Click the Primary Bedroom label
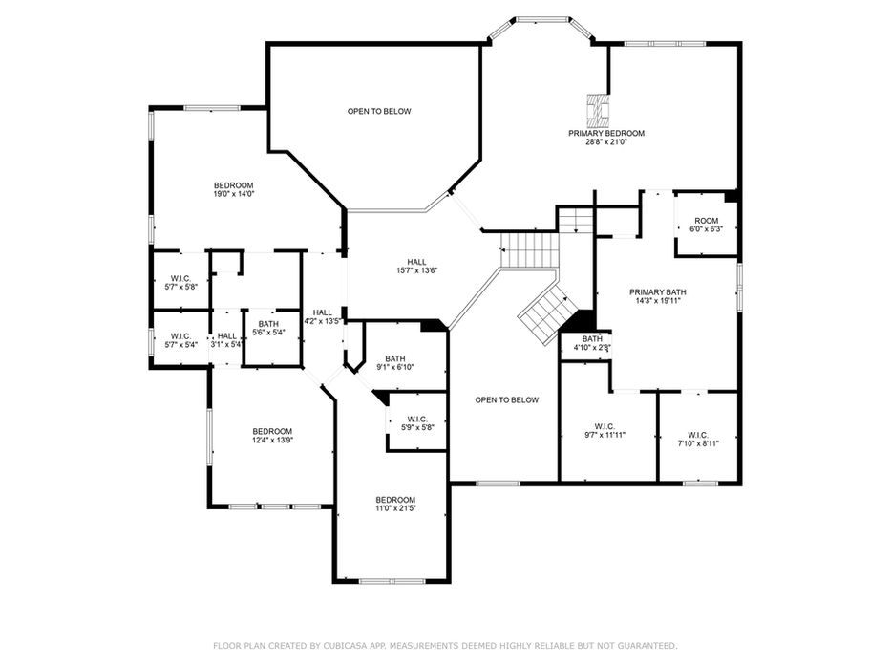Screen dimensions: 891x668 click(606, 138)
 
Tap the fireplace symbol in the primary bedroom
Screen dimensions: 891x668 click(598, 110)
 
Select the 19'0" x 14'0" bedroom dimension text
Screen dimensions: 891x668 click(234, 194)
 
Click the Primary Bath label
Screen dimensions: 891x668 click(657, 296)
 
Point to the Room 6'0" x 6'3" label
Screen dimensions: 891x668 click(707, 225)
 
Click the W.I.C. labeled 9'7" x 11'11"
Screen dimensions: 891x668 click(605, 430)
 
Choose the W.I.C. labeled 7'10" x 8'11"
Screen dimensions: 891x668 click(698, 439)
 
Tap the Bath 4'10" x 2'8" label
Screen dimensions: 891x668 click(592, 343)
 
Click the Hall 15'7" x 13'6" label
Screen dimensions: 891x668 click(416, 266)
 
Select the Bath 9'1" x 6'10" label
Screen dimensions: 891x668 click(395, 363)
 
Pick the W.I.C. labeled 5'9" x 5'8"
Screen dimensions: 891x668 click(417, 423)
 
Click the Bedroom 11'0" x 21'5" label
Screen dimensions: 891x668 click(395, 504)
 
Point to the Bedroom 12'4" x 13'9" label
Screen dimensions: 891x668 click(272, 436)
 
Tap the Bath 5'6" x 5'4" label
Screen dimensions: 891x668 click(268, 328)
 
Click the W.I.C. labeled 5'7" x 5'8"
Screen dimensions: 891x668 click(180, 283)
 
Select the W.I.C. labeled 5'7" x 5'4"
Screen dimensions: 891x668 click(180, 340)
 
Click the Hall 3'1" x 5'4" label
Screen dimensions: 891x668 click(226, 340)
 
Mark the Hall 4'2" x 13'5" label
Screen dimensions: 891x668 click(322, 316)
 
